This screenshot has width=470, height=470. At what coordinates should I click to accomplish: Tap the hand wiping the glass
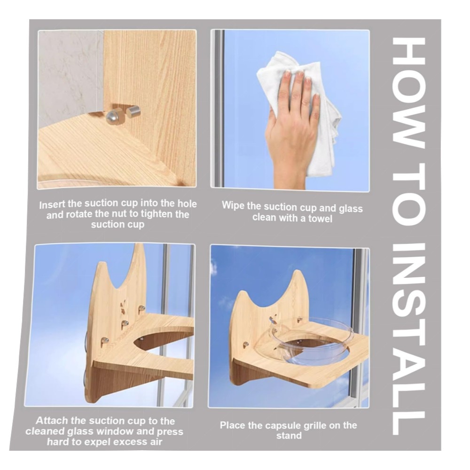pyautogui.click(x=293, y=126)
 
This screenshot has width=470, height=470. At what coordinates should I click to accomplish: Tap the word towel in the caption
pyautogui.click(x=320, y=218)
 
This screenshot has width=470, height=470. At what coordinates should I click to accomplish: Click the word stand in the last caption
pyautogui.click(x=289, y=436)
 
